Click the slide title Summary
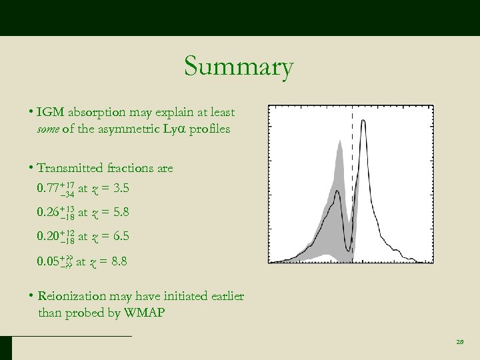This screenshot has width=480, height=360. pos(238,67)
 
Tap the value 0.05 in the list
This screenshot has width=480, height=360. pos(48,261)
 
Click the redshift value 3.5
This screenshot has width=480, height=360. pos(120,189)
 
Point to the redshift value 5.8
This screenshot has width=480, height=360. pos(120,213)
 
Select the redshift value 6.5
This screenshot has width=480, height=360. pos(120,237)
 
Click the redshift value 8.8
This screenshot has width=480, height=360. pos(118,261)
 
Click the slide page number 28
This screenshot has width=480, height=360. pos(459,342)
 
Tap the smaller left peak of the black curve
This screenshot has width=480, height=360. pos(339,192)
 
